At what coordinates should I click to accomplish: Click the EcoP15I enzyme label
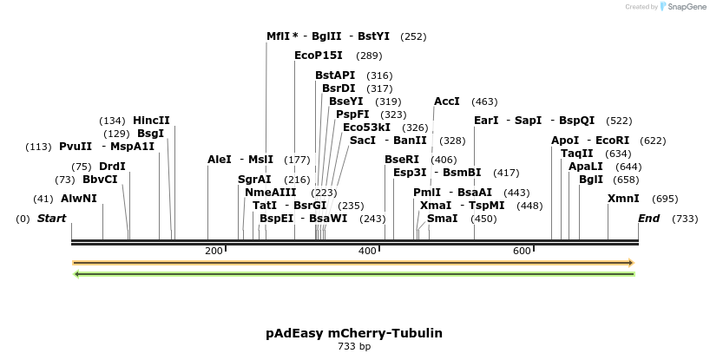(x=319, y=56)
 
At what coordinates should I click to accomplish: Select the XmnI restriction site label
(x=623, y=199)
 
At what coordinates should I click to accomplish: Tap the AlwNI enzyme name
(x=79, y=199)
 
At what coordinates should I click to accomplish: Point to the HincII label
(x=151, y=121)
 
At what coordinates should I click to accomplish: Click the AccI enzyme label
(x=447, y=101)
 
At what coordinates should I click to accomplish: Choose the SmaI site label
(x=443, y=219)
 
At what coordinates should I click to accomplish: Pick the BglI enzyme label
(x=591, y=180)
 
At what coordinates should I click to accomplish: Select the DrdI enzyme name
(x=112, y=167)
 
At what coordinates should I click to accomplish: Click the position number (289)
(x=369, y=56)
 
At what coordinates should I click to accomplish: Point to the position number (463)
(x=484, y=101)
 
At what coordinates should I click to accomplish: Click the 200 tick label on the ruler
(x=214, y=251)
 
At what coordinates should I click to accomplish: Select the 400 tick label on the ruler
(x=367, y=251)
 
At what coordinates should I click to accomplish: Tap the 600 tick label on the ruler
(x=522, y=251)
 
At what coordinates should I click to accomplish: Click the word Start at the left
(x=51, y=219)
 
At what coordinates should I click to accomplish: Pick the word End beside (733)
(x=648, y=219)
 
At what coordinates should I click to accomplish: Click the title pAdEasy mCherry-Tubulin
(x=354, y=333)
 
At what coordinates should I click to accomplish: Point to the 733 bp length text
(x=354, y=346)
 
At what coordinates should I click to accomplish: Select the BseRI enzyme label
(x=402, y=160)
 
